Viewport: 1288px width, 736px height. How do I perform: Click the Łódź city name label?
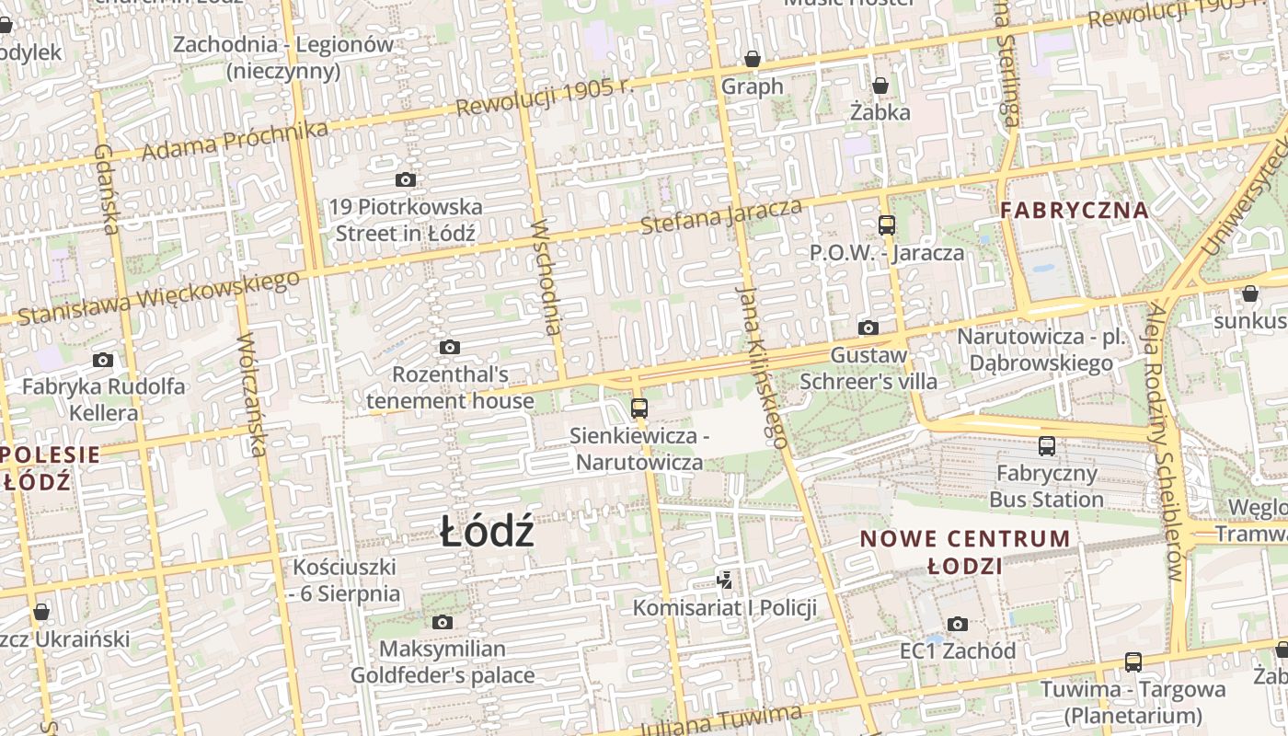tap(487, 532)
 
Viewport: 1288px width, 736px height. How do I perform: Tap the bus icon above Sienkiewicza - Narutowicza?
tap(639, 408)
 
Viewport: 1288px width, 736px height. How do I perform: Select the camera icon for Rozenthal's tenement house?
tap(449, 347)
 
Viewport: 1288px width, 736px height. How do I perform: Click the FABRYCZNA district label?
tap(1075, 210)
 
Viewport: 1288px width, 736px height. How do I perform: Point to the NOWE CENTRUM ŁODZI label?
tap(965, 551)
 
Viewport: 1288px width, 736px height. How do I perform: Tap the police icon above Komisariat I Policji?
tap(725, 580)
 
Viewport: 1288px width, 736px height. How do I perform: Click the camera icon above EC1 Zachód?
tap(958, 624)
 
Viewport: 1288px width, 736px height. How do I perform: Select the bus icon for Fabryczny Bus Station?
tap(1047, 446)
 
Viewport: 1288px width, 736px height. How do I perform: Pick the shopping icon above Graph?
tap(753, 60)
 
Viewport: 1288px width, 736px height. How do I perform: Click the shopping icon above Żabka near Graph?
tap(880, 86)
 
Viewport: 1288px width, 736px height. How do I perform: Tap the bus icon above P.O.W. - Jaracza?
tap(887, 224)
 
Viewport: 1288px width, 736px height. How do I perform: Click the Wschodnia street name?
tap(547, 276)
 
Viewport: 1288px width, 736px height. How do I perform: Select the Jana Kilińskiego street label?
tap(763, 365)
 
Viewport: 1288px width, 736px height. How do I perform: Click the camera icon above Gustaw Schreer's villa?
tap(868, 328)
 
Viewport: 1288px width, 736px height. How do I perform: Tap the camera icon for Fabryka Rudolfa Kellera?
tap(103, 360)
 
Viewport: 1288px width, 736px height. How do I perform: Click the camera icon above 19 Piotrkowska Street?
tap(405, 179)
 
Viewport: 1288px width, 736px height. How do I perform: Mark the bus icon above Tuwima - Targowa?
tap(1133, 661)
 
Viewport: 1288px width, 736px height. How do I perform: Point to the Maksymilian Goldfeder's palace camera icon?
tap(443, 623)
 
